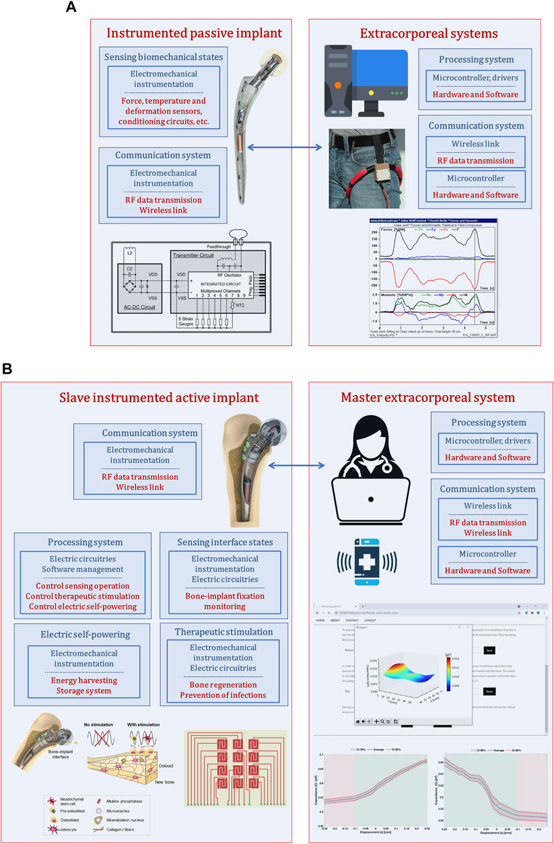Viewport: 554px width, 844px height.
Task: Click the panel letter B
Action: [x=8, y=369]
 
